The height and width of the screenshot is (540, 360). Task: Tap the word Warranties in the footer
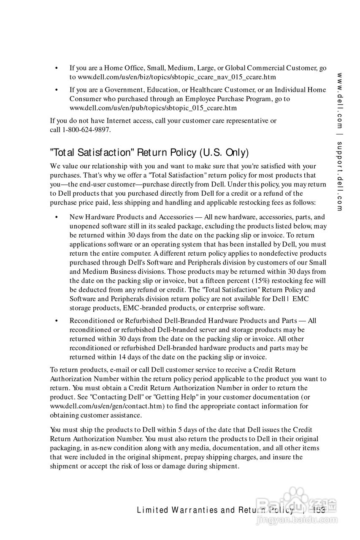click(195, 510)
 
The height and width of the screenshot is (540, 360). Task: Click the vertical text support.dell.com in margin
click(339, 176)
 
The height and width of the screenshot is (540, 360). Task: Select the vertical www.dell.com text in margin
click(339, 101)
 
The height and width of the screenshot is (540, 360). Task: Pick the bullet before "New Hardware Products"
click(56, 218)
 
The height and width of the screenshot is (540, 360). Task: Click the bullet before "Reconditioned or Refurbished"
click(56, 321)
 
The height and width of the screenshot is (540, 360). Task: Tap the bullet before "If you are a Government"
click(56, 90)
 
